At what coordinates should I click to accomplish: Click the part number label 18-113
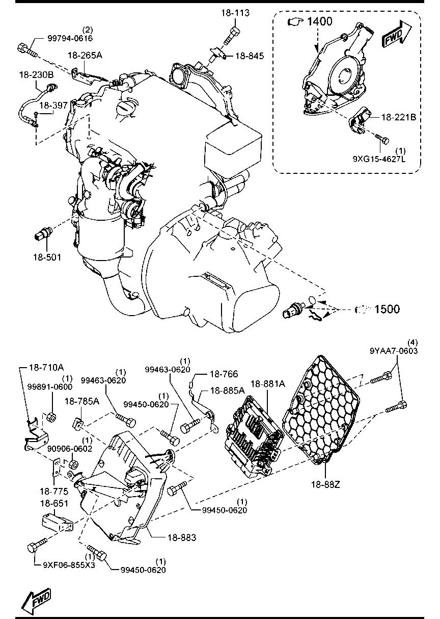pyautogui.click(x=235, y=13)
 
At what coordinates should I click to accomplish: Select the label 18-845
pyautogui.click(x=250, y=56)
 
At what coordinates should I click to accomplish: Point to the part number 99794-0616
pyautogui.click(x=70, y=38)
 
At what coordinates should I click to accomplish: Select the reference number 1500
pyautogui.click(x=387, y=308)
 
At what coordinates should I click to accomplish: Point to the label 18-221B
pyautogui.click(x=399, y=117)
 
